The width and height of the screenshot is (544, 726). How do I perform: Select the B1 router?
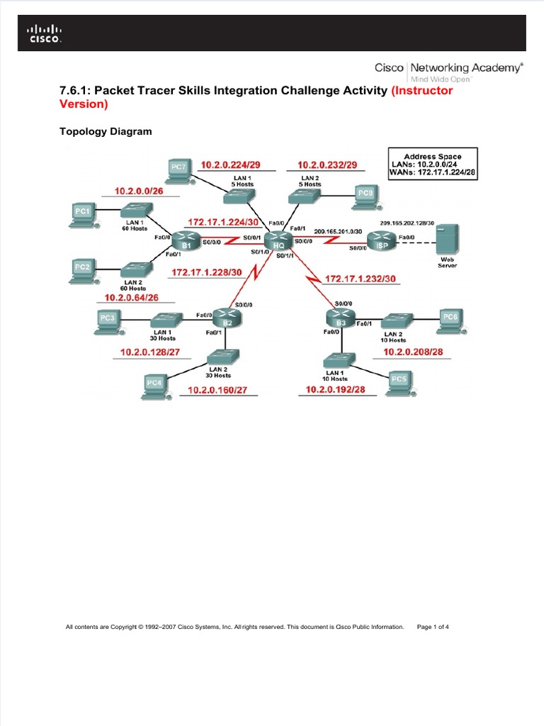187,242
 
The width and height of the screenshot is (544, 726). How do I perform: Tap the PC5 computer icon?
399,381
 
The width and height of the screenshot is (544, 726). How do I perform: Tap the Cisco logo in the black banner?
44,33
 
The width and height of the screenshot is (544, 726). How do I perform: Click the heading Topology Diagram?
106,132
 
